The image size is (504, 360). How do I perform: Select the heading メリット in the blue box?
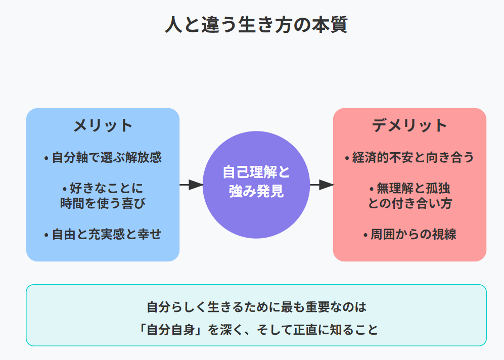tap(103, 125)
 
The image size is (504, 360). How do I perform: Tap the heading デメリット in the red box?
tap(409, 125)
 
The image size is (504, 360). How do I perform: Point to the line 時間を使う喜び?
tap(103, 204)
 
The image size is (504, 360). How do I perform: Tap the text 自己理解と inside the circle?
tap(256, 172)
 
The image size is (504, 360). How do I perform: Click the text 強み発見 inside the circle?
tap(256, 192)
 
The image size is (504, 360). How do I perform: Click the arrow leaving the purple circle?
tap(322, 185)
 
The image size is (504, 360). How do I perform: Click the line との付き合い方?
tap(410, 204)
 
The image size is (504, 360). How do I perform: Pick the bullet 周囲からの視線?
tap(413, 235)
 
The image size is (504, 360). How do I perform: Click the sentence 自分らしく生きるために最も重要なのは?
tap(256, 307)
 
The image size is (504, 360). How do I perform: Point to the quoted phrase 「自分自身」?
tap(171, 330)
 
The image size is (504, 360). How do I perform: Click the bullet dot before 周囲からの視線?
tap(365, 236)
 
